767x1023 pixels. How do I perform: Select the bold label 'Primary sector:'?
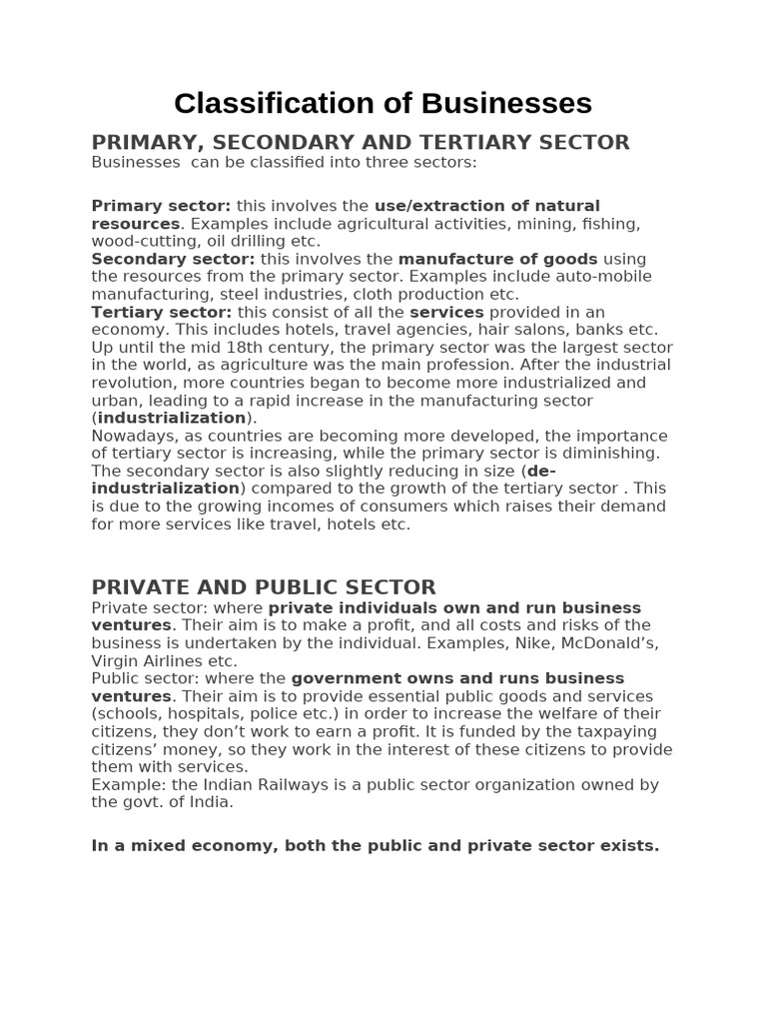[x=161, y=206]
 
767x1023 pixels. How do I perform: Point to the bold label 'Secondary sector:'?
[x=173, y=259]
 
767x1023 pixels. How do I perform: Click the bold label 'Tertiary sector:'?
[x=161, y=312]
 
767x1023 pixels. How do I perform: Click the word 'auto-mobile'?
[x=604, y=277]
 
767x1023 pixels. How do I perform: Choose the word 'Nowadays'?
[x=134, y=436]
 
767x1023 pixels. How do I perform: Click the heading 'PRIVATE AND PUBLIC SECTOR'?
[x=264, y=587]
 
